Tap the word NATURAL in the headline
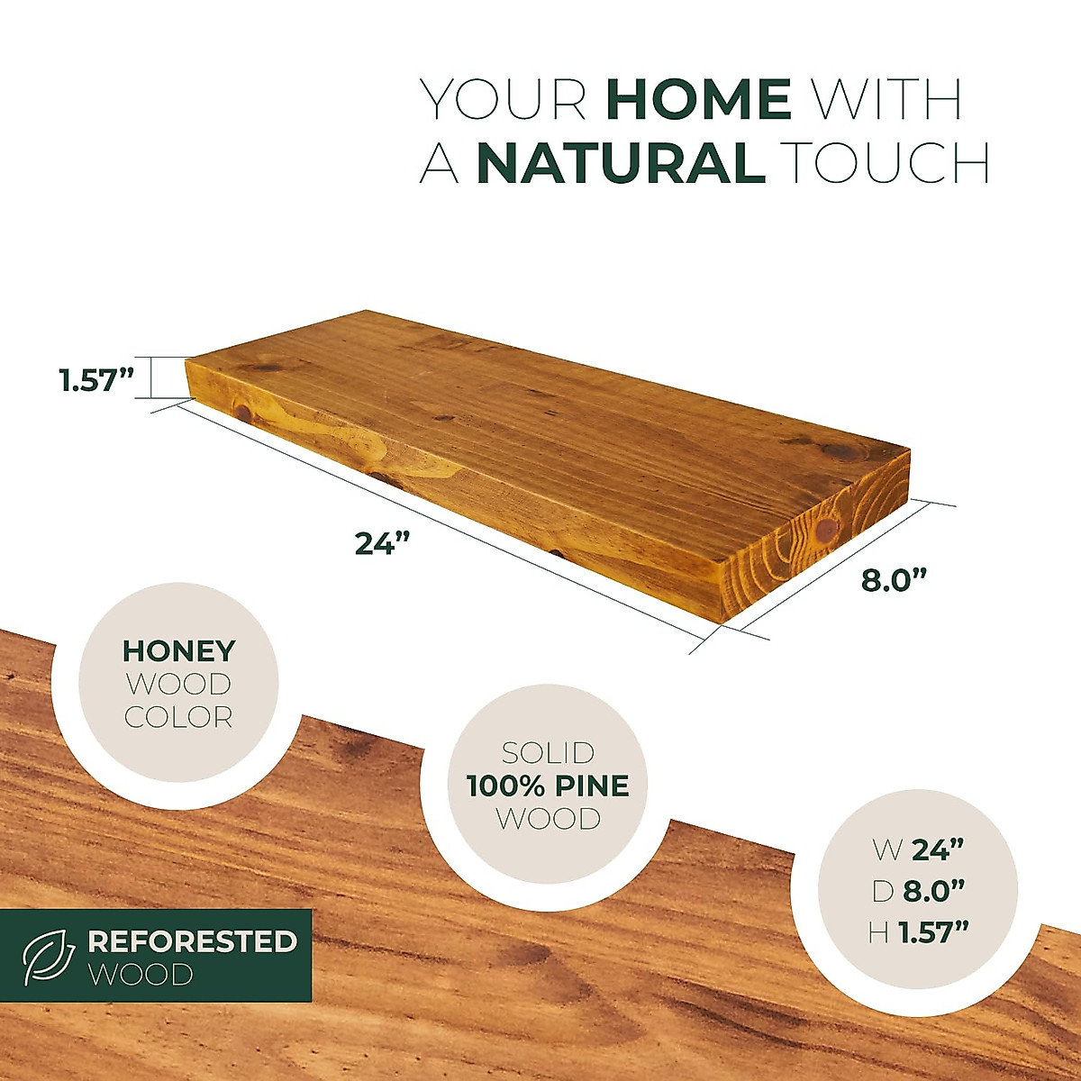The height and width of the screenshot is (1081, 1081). click(621, 164)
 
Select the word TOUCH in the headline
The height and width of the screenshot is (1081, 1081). click(886, 164)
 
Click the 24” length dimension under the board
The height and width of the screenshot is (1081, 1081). click(382, 543)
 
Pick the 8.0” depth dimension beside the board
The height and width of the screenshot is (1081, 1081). click(894, 580)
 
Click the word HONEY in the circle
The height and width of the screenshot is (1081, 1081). click(179, 650)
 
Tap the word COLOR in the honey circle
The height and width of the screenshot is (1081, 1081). click(178, 717)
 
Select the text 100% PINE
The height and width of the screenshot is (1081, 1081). click(548, 786)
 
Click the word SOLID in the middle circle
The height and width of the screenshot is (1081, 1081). click(548, 752)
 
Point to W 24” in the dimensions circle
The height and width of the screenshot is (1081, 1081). click(918, 849)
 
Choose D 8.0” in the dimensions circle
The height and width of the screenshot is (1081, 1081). click(918, 891)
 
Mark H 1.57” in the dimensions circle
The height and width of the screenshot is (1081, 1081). click(918, 933)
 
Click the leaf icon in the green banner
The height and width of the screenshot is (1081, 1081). click(49, 957)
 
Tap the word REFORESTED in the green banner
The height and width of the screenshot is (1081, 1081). click(192, 941)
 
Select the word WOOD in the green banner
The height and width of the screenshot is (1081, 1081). click(141, 974)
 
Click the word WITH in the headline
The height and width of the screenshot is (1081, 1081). click(887, 99)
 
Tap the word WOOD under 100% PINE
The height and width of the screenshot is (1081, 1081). click(548, 819)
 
